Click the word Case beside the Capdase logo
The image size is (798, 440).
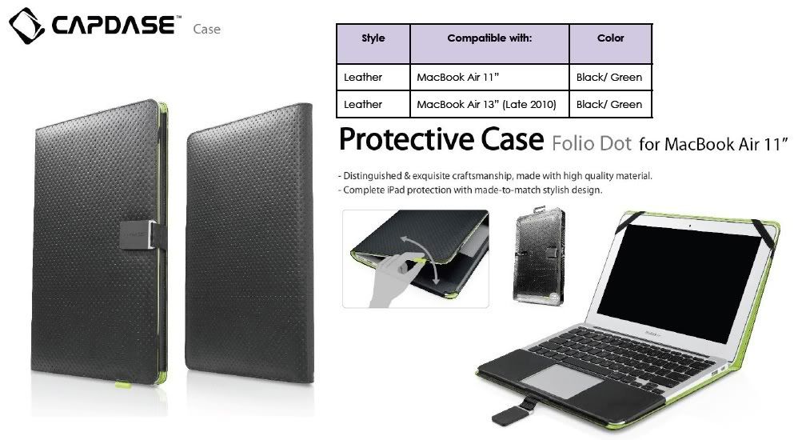point(206,30)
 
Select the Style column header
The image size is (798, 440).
point(373,38)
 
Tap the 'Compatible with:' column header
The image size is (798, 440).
point(489,38)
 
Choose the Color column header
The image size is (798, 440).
point(610,38)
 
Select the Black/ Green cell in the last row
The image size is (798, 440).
point(609,104)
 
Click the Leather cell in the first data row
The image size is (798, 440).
point(363,78)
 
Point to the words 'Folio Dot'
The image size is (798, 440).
point(590,144)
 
